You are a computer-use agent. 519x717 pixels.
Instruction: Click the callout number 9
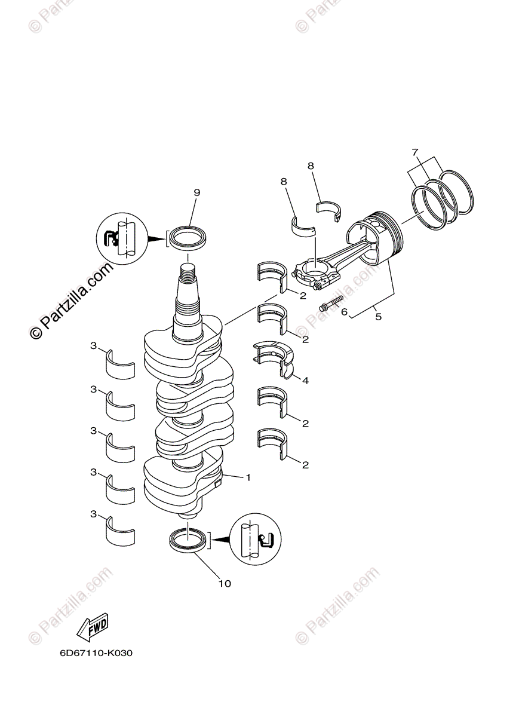[x=196, y=192]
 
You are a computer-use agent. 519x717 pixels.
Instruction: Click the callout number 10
[x=225, y=583]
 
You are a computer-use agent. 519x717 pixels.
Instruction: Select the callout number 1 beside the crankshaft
[x=248, y=477]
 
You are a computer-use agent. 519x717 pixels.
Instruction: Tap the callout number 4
[x=305, y=380]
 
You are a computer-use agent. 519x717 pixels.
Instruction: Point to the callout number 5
[x=378, y=317]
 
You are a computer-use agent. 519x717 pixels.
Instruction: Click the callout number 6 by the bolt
[x=344, y=311]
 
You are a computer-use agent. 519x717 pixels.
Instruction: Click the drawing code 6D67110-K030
[x=96, y=652]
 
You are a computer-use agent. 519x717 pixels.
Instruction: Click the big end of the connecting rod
[x=318, y=272]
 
